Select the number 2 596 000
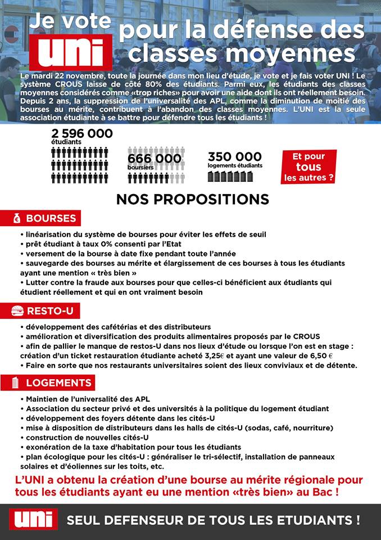(81, 134)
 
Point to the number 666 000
(155, 159)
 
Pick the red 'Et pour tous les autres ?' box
(309, 167)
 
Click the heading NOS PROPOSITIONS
(192, 199)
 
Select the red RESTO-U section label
(46, 310)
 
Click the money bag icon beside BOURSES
(17, 218)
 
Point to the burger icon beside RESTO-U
(17, 310)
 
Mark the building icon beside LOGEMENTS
(16, 383)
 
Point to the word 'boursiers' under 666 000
(140, 168)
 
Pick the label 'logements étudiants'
(235, 166)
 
